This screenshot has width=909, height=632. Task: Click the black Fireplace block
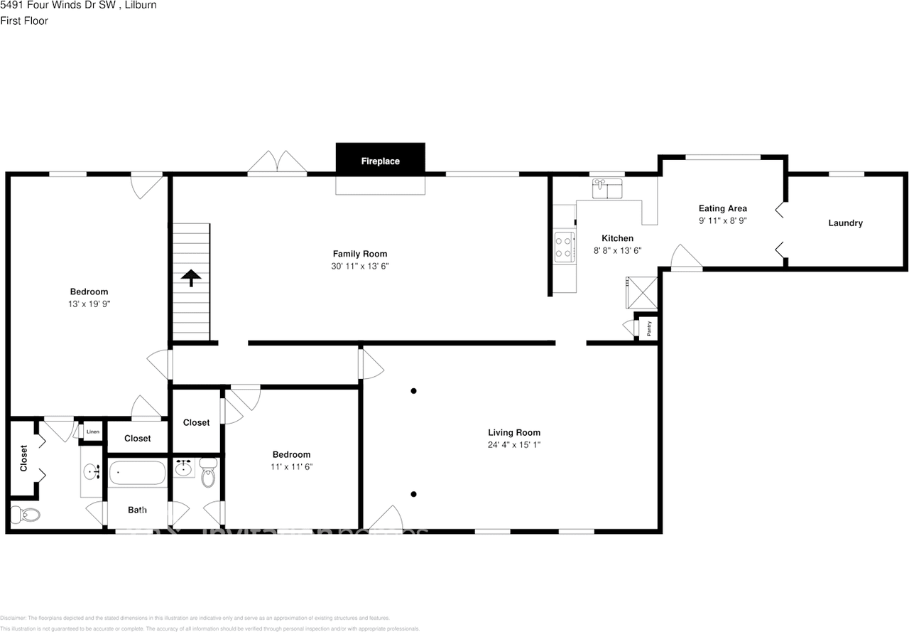pyautogui.click(x=380, y=158)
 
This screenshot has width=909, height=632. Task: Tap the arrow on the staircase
pyautogui.click(x=190, y=277)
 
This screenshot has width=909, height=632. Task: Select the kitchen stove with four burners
pyautogui.click(x=565, y=247)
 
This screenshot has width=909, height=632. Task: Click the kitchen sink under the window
pyautogui.click(x=606, y=188)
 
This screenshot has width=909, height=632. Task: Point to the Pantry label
pyautogui.click(x=649, y=328)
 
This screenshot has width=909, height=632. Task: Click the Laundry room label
pyautogui.click(x=845, y=223)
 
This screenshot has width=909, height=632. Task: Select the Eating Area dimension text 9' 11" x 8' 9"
pyautogui.click(x=722, y=220)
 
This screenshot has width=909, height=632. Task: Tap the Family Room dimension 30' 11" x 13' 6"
pyautogui.click(x=360, y=266)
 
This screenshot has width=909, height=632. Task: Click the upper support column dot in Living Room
pyautogui.click(x=413, y=390)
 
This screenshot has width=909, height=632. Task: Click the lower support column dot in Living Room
pyautogui.click(x=413, y=494)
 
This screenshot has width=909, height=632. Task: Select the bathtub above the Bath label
pyautogui.click(x=137, y=473)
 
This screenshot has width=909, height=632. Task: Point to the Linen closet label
pyautogui.click(x=92, y=432)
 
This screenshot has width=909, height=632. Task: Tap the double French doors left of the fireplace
pyautogui.click(x=277, y=162)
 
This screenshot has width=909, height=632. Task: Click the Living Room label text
pyautogui.click(x=513, y=432)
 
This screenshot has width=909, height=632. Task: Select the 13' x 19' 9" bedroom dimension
pyautogui.click(x=89, y=304)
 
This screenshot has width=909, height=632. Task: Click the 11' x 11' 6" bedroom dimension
pyautogui.click(x=291, y=467)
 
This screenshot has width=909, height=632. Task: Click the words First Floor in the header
pyautogui.click(x=24, y=21)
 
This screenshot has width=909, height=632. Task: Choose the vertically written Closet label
pyautogui.click(x=23, y=459)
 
